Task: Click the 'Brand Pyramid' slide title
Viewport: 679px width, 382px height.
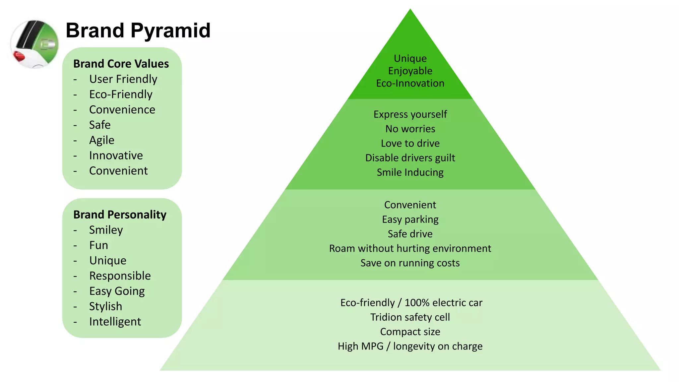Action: coord(138,31)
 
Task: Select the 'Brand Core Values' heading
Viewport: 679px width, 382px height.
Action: coord(121,64)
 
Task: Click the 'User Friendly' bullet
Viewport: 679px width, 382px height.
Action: coord(123,79)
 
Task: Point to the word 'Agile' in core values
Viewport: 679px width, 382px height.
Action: coord(101,140)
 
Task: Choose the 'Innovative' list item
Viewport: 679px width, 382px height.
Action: coord(116,156)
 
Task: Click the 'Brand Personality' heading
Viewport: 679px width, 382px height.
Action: coord(120,215)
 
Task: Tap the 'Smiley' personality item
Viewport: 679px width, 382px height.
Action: coord(106,230)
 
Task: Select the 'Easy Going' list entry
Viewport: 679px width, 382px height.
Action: coord(117,291)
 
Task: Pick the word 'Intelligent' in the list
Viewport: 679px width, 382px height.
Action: coord(115,322)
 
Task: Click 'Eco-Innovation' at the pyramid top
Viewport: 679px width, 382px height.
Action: coord(410,83)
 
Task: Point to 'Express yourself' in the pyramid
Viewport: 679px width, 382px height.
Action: coord(410,114)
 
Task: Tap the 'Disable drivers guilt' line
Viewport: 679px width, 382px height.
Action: coord(410,158)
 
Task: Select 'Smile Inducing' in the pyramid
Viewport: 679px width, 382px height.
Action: coord(410,172)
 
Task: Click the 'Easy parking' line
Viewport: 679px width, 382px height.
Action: coord(410,220)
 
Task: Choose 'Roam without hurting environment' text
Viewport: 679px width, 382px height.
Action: coord(410,248)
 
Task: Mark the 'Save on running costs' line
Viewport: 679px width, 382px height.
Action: coord(410,263)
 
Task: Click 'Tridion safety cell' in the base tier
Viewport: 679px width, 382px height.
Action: coord(410,317)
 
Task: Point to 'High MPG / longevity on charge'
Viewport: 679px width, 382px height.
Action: coord(410,346)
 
